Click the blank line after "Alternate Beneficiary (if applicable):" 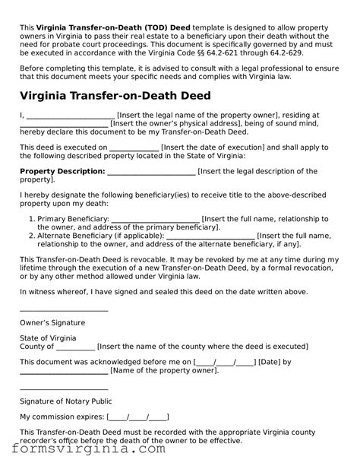210,236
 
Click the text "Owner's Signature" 52,322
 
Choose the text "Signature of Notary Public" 66,401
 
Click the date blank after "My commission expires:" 137,417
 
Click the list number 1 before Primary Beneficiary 32,219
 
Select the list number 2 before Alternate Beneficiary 32,236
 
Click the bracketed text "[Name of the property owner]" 164,371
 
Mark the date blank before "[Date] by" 225,362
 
